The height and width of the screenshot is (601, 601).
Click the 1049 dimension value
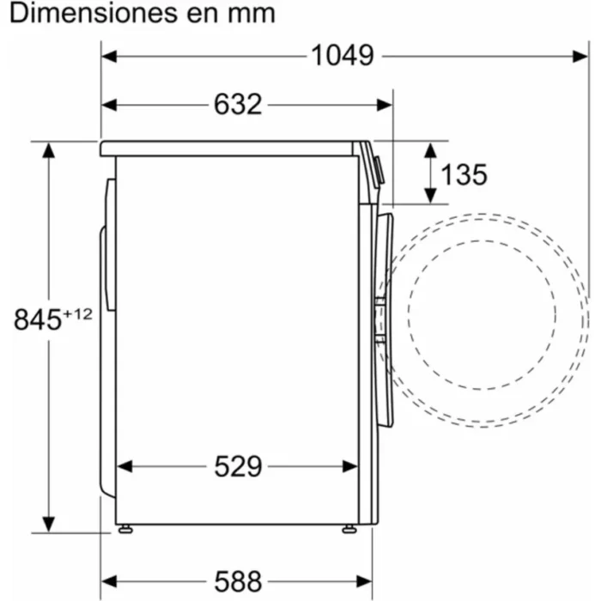tap(342, 55)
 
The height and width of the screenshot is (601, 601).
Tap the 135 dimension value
tap(464, 174)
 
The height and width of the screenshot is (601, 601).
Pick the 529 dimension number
tap(237, 466)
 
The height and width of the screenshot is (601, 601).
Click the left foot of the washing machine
tap(125, 529)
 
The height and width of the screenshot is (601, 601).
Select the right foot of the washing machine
tap(349, 529)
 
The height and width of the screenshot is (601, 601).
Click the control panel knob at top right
tap(379, 171)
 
